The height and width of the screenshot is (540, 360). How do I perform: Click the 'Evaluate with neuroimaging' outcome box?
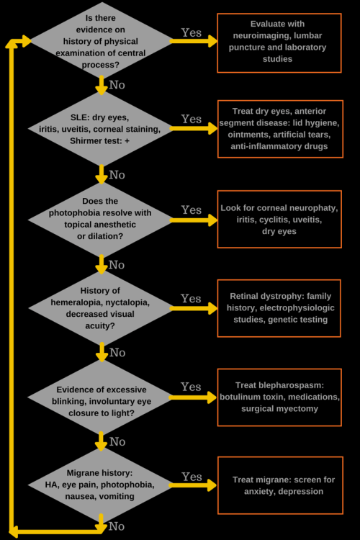279,42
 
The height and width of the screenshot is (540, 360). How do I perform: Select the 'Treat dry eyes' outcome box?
279,130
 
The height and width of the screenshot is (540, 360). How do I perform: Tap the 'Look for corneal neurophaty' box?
279,220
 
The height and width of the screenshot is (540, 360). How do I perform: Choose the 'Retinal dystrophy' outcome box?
279,307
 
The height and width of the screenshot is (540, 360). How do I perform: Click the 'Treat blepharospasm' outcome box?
279,397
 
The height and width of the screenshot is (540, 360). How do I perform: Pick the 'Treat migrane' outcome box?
279,485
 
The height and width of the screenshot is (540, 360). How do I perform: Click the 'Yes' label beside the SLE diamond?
192,119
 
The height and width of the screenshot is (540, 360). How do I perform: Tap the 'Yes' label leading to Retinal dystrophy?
192,298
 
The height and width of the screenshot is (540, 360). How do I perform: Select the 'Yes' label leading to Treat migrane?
192,477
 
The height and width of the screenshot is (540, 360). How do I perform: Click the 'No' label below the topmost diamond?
117,85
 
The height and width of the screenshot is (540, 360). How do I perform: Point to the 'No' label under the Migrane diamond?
117,526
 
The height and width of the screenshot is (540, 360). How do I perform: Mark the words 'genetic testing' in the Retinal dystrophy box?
299,319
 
